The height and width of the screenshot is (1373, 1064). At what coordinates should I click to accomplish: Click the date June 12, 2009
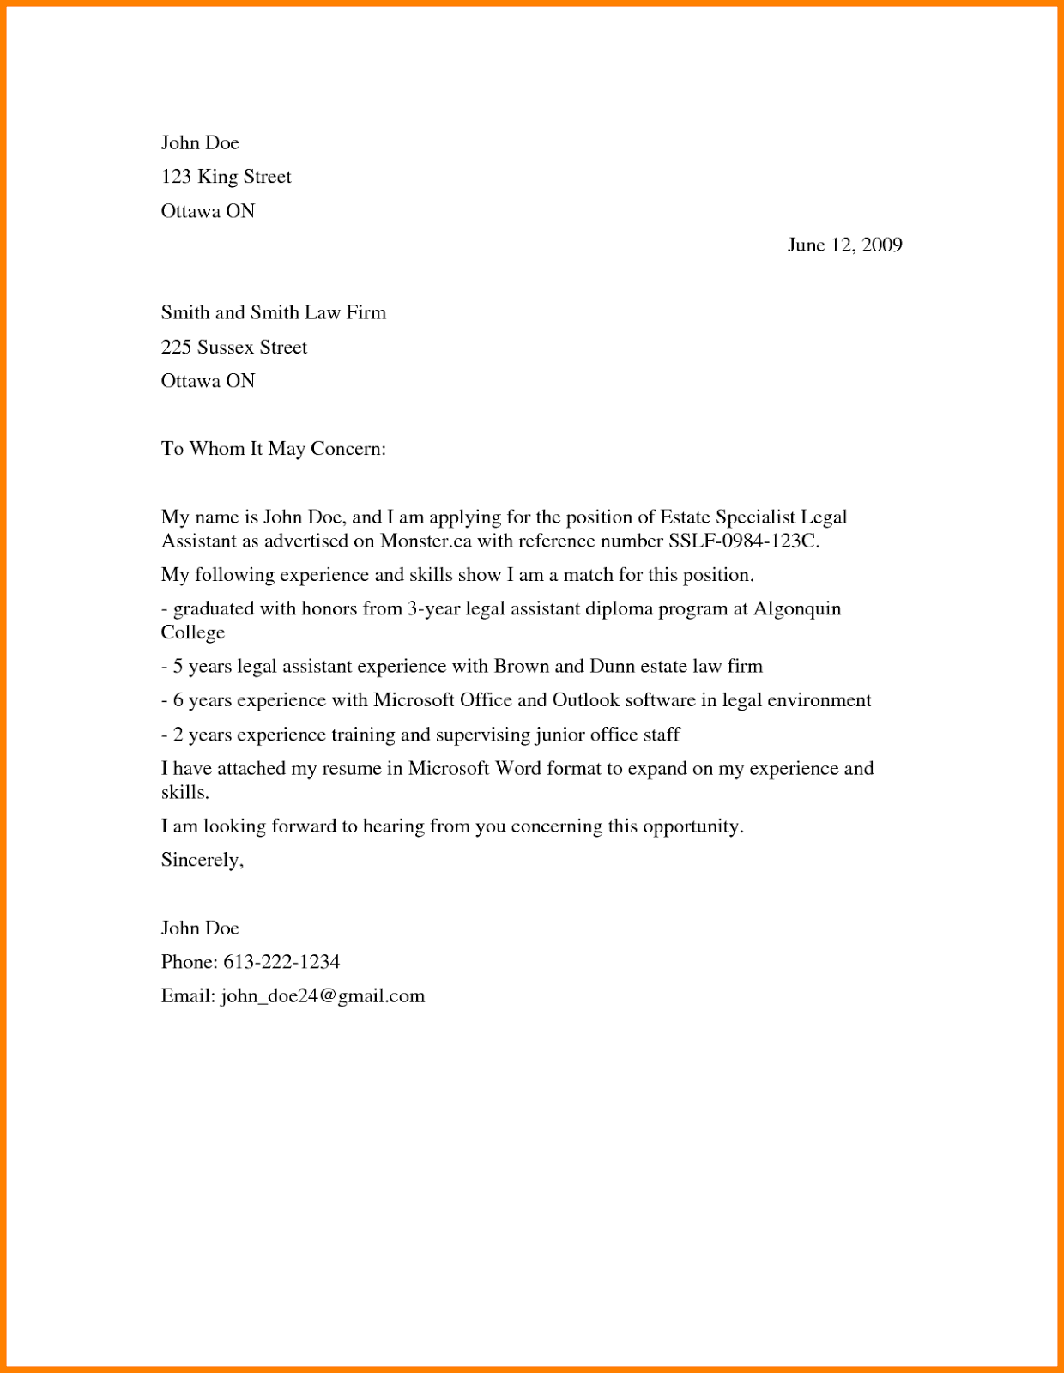pyautogui.click(x=844, y=245)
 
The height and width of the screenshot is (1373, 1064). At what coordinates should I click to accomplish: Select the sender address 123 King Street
pyautogui.click(x=227, y=177)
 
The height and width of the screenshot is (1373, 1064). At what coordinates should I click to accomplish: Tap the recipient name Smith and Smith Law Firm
pyautogui.click(x=274, y=313)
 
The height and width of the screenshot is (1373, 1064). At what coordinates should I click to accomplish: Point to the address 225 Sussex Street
pyautogui.click(x=234, y=348)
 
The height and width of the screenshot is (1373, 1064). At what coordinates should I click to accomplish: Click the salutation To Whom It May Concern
pyautogui.click(x=274, y=449)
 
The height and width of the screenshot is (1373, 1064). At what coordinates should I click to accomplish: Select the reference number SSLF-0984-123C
pyautogui.click(x=742, y=541)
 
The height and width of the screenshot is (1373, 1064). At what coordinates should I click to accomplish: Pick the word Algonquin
pyautogui.click(x=797, y=609)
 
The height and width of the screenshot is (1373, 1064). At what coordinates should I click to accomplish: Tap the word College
pyautogui.click(x=193, y=632)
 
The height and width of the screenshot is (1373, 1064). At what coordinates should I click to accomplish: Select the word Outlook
pyautogui.click(x=585, y=700)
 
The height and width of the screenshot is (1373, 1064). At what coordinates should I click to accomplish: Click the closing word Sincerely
pyautogui.click(x=202, y=861)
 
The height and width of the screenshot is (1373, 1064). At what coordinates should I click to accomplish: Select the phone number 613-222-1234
pyautogui.click(x=281, y=962)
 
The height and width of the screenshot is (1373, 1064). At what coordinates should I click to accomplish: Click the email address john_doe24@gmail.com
pyautogui.click(x=323, y=996)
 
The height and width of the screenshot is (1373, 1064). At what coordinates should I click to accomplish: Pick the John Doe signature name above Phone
pyautogui.click(x=200, y=928)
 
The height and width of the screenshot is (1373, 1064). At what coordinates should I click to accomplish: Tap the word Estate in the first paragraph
pyautogui.click(x=685, y=517)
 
